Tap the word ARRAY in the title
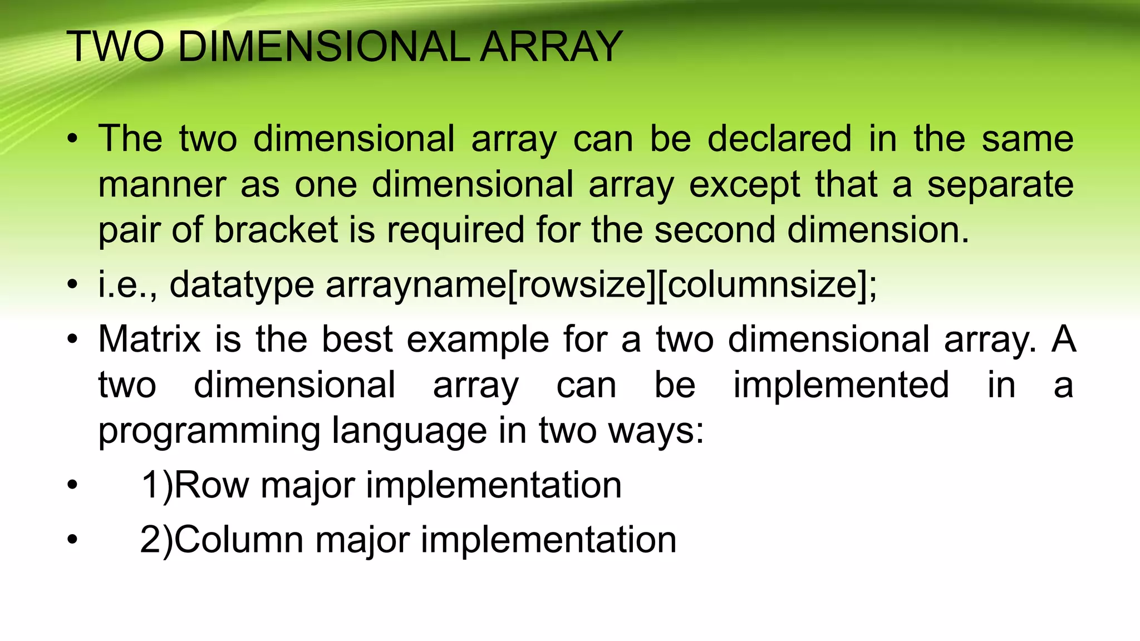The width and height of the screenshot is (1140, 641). pyautogui.click(x=551, y=47)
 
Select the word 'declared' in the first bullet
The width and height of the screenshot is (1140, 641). pyautogui.click(x=779, y=139)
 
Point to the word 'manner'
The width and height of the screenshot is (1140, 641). pyautogui.click(x=162, y=185)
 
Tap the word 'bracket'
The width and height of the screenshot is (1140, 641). pyautogui.click(x=276, y=230)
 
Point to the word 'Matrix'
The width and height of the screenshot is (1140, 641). pyautogui.click(x=149, y=339)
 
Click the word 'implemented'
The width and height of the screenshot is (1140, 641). pyautogui.click(x=841, y=385)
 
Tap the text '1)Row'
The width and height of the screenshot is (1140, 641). pyautogui.click(x=194, y=485)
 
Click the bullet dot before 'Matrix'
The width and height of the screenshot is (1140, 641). pyautogui.click(x=72, y=339)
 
